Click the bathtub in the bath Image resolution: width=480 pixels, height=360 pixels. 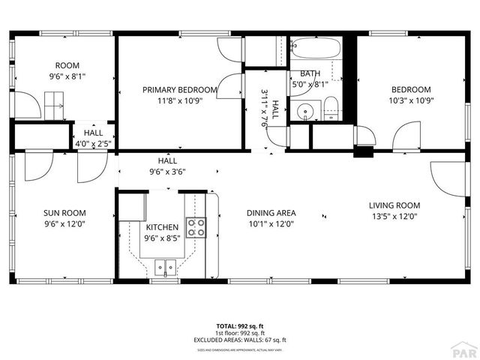[x=315, y=50]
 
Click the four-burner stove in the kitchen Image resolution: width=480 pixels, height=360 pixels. [x=196, y=227]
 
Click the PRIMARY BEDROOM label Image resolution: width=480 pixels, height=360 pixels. [x=180, y=89]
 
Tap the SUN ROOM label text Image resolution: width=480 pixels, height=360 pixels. [x=61, y=212]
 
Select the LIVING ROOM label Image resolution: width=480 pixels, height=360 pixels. [x=394, y=205]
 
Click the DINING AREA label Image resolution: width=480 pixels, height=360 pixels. [x=271, y=212]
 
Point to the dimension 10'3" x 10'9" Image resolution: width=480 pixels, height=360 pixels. [x=411, y=100]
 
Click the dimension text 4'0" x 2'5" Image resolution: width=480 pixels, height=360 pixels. [x=94, y=143]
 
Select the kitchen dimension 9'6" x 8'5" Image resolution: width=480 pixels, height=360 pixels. [x=161, y=238]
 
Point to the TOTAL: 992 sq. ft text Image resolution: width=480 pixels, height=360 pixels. [x=240, y=326]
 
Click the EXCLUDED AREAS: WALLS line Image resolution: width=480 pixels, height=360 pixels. [x=240, y=340]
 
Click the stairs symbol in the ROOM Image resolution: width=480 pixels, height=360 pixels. [x=53, y=103]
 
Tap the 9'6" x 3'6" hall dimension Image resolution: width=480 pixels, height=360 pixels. [x=166, y=171]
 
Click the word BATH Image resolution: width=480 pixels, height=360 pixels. [x=310, y=73]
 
